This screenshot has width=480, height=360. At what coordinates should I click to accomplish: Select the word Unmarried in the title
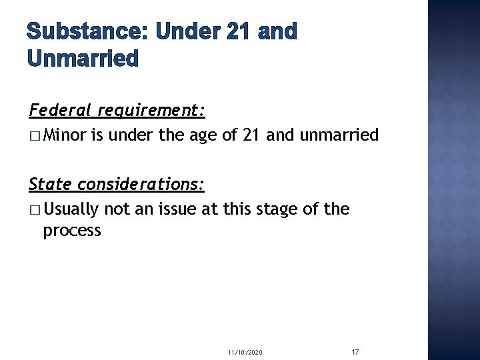[x=83, y=59]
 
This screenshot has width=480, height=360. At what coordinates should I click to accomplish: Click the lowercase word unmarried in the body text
[x=339, y=135]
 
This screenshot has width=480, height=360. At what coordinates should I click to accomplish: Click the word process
[x=72, y=231]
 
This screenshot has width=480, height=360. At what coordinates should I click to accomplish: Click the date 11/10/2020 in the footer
[x=245, y=351]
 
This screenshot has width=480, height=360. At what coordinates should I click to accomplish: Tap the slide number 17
[x=355, y=351]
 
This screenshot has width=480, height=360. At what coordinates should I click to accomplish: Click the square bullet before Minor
[x=35, y=136]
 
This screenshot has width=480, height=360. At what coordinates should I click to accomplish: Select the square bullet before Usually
[x=35, y=209]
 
